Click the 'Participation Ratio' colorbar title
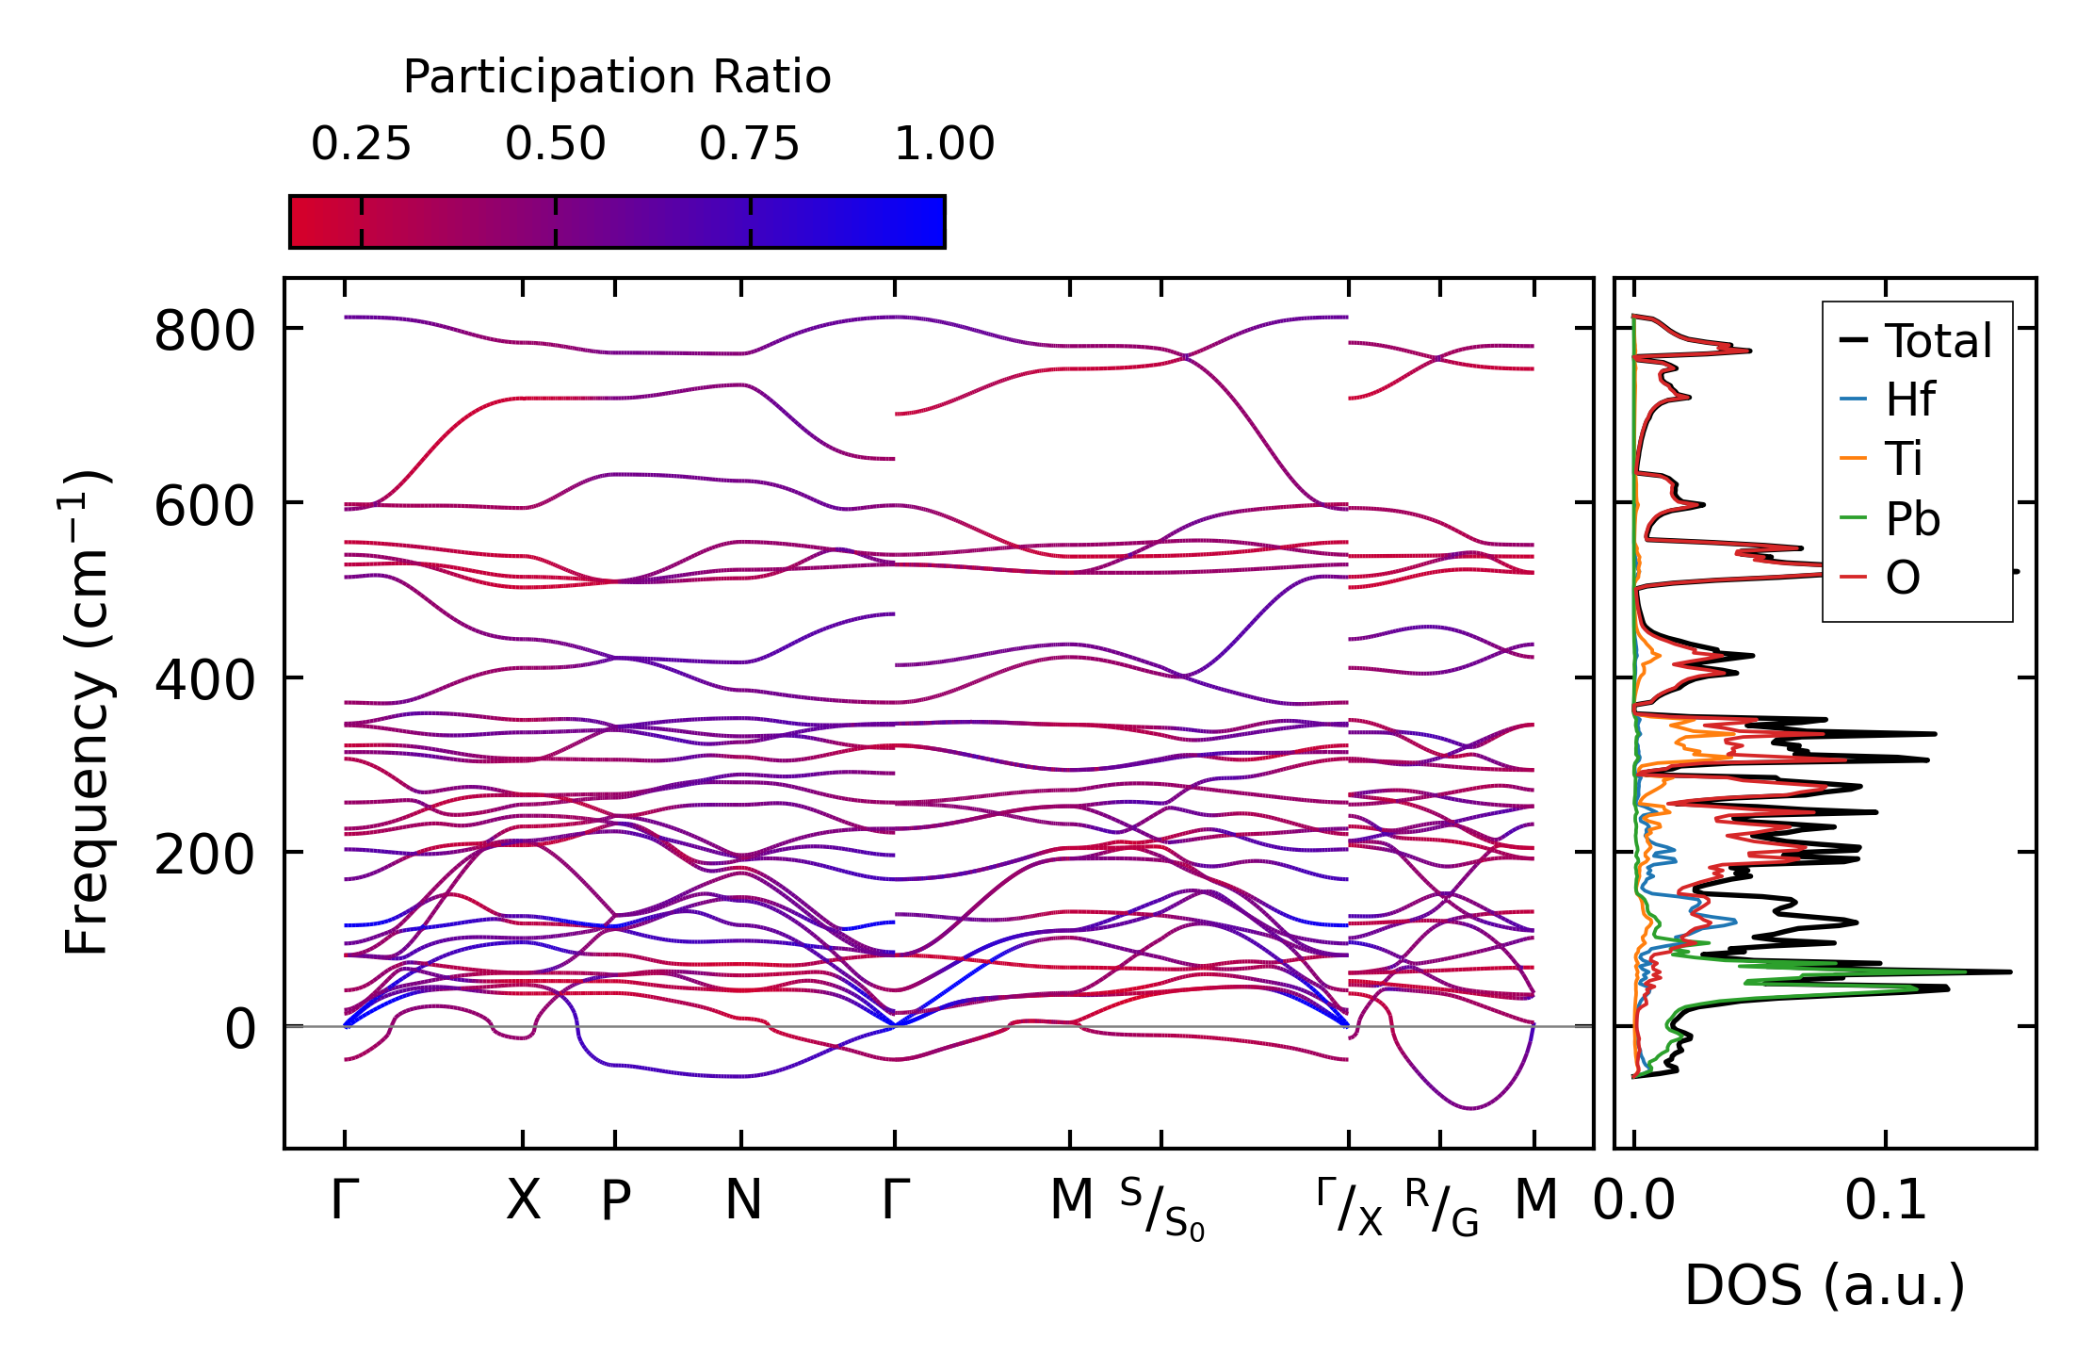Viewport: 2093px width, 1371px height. pyautogui.click(x=617, y=77)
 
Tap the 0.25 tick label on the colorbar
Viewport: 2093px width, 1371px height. pyautogui.click(x=361, y=144)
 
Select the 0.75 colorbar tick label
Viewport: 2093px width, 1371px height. pyautogui.click(x=749, y=144)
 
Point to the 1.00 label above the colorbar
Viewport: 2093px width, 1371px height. pyautogui.click(x=944, y=144)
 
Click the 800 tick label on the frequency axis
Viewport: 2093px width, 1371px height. pyautogui.click(x=204, y=332)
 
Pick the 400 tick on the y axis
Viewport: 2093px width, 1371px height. pyautogui.click(x=204, y=680)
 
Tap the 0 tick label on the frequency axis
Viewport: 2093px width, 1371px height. pyautogui.click(x=240, y=1029)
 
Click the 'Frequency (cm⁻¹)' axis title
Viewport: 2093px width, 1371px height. pyautogui.click(x=87, y=712)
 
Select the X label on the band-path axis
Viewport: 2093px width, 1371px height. pyautogui.click(x=523, y=1201)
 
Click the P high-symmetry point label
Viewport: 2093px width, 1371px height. pyautogui.click(x=615, y=1201)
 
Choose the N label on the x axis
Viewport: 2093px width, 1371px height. pyautogui.click(x=742, y=1201)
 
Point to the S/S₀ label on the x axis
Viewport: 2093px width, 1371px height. pyautogui.click(x=1161, y=1209)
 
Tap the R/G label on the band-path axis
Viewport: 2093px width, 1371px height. pyautogui.click(x=1441, y=1207)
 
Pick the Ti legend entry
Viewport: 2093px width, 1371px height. pyautogui.click(x=1904, y=460)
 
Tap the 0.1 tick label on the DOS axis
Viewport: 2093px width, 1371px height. pyautogui.click(x=1885, y=1201)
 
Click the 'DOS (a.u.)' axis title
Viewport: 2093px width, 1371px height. pyautogui.click(x=1825, y=1285)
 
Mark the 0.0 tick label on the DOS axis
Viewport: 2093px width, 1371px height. pyautogui.click(x=1634, y=1201)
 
